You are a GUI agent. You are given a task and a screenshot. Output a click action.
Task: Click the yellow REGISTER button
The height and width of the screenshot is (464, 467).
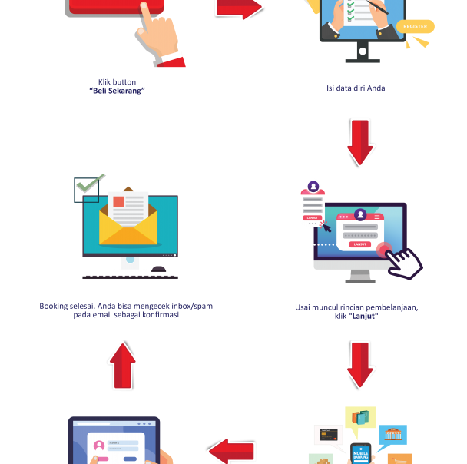click(415, 26)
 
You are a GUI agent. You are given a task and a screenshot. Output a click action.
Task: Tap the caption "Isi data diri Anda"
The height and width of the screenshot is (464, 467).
click(356, 88)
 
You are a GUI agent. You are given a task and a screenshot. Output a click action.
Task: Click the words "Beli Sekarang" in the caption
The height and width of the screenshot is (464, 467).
click(117, 91)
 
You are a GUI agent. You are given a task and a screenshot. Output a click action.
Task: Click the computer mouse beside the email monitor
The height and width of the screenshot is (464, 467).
click(159, 269)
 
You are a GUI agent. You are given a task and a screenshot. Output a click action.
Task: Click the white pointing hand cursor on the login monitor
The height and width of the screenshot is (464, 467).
click(402, 262)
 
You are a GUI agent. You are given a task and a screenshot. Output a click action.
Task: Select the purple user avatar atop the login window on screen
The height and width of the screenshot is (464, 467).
click(359, 215)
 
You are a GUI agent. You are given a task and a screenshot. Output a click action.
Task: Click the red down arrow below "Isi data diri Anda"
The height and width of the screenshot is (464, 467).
click(359, 142)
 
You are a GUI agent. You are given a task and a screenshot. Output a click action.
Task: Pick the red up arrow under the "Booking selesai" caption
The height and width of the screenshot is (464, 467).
click(122, 365)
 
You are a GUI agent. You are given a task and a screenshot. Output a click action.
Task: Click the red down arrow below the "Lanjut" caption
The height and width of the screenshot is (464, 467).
click(359, 365)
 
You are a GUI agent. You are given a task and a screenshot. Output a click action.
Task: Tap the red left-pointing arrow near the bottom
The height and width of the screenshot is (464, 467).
click(231, 450)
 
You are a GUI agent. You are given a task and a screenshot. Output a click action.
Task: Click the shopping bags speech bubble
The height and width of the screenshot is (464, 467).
click(360, 419)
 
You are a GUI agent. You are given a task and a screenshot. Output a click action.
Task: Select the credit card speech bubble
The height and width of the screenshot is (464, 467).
click(328, 435)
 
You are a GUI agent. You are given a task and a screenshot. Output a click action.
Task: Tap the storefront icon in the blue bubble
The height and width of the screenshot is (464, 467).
click(392, 435)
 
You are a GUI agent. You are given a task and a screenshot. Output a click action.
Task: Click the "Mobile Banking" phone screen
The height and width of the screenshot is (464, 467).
click(360, 454)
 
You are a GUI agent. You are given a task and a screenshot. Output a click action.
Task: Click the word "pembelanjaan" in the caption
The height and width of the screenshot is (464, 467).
click(386, 307)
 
